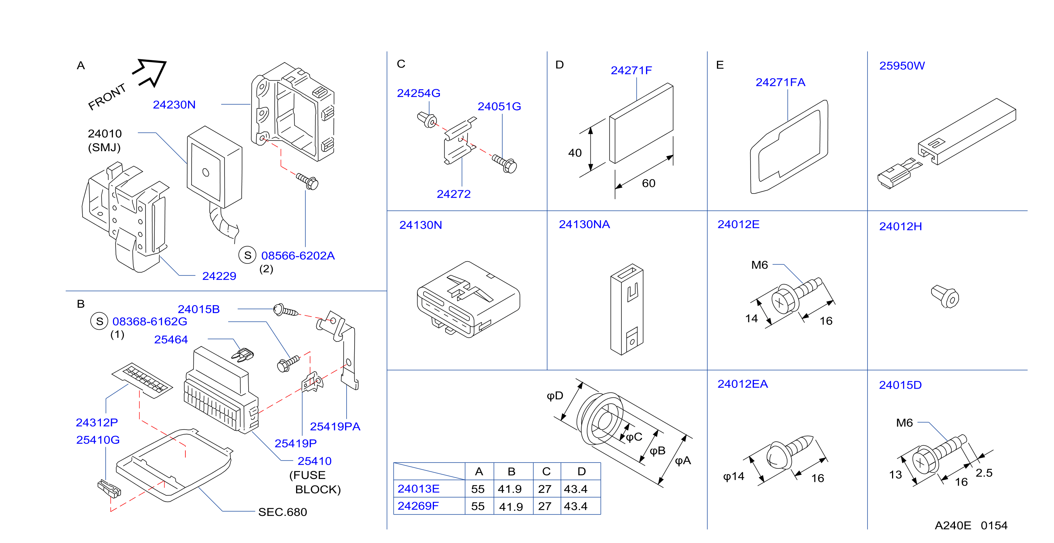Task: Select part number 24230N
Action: tap(174, 105)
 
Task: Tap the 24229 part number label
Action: tap(219, 276)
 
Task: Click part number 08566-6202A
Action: tap(298, 255)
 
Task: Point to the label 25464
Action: tap(171, 340)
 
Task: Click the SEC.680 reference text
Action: tap(282, 512)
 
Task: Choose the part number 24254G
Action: tap(419, 93)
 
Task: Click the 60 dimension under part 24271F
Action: tap(649, 183)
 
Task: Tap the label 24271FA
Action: tap(780, 82)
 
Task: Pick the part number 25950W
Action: tap(902, 65)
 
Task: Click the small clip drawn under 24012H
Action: tap(945, 296)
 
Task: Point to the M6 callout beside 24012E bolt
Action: tap(759, 265)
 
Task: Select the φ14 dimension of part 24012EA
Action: tap(734, 477)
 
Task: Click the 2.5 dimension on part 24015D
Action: tap(984, 473)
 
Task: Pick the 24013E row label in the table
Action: tap(419, 488)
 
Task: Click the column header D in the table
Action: tap(581, 472)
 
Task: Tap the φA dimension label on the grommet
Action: tap(683, 461)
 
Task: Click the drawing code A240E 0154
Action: tap(971, 525)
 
